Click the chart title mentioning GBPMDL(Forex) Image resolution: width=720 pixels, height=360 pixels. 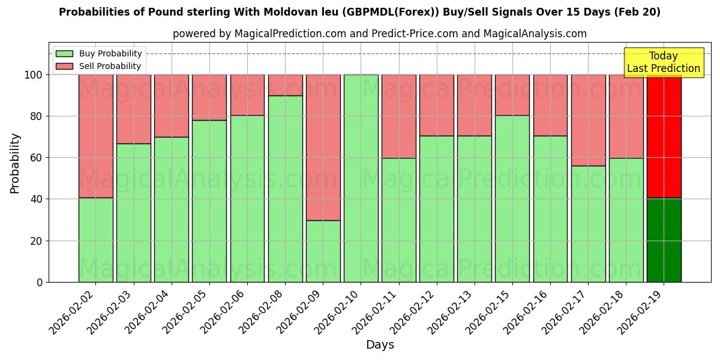[359, 12]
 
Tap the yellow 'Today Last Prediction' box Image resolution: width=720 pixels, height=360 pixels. [663, 62]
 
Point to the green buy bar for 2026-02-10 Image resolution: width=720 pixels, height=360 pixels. [361, 178]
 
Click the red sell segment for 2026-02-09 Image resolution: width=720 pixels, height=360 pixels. [323, 147]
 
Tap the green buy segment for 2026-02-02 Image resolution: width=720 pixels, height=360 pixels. [95, 240]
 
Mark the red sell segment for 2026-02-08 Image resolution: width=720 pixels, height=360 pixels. [285, 85]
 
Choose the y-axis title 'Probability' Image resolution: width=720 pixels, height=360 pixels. [15, 163]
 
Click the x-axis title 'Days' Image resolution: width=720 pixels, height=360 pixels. [380, 345]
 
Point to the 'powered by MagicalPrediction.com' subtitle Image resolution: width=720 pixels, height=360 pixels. [379, 34]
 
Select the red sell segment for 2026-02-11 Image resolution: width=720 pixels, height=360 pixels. [398, 116]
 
